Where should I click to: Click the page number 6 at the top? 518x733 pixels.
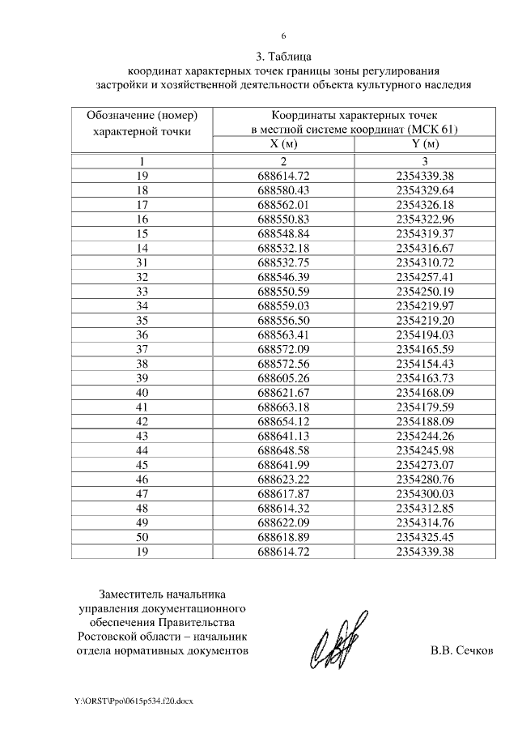coord(283,36)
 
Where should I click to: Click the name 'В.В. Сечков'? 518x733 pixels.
coord(461,650)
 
